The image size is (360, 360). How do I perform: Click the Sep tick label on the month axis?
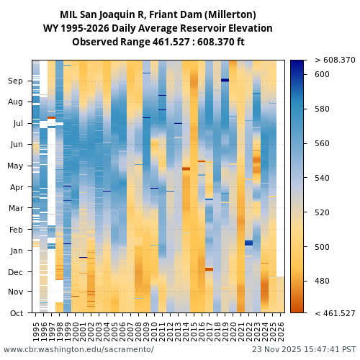click(16, 81)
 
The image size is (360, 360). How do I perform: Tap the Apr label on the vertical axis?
click(17, 187)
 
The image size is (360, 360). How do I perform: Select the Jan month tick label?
click(17, 251)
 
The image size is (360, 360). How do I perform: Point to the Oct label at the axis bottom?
click(17, 313)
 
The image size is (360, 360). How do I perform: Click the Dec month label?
click(16, 272)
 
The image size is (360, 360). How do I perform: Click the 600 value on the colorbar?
click(322, 75)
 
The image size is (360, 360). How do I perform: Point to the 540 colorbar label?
click(322, 178)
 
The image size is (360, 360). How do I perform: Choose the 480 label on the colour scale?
click(322, 282)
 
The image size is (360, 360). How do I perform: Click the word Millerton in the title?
click(229, 14)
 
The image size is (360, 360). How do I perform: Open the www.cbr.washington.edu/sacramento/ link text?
click(78, 349)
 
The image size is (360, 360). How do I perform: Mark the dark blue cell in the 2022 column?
click(248, 243)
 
